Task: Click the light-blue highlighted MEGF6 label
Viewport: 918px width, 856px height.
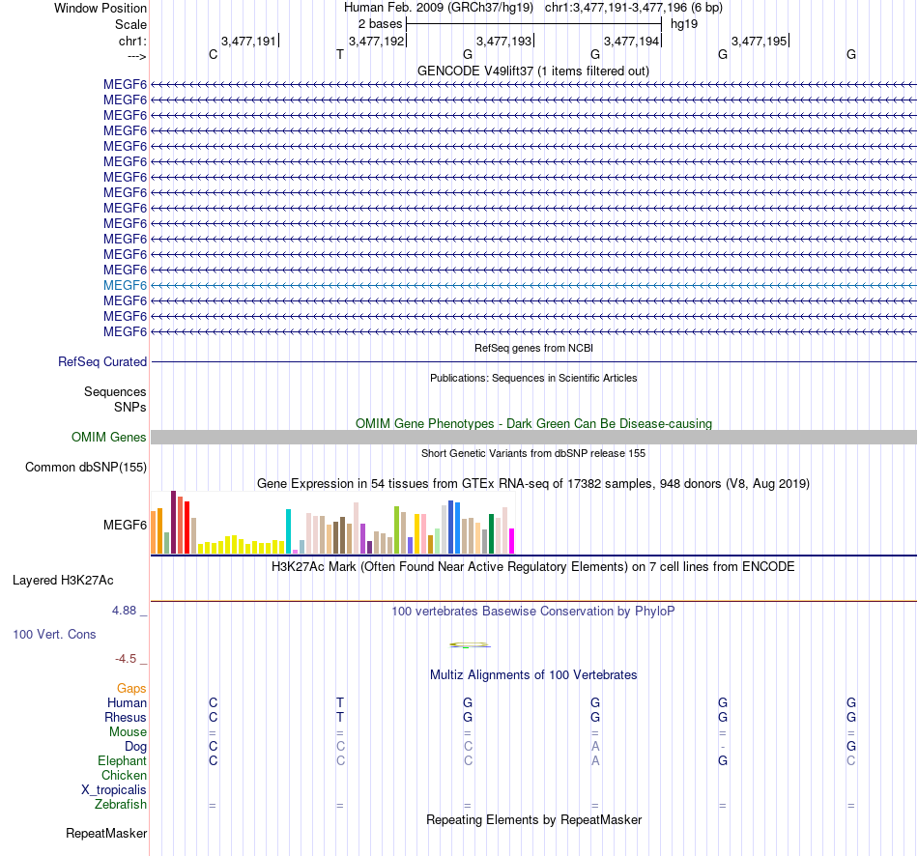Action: [125, 285]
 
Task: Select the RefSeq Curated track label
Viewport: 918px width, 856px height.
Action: [102, 362]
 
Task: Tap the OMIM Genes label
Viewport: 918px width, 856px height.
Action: [109, 438]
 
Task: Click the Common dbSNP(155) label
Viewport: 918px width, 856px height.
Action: [85, 468]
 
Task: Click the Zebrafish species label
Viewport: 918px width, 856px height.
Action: [121, 805]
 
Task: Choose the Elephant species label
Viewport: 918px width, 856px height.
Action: [123, 761]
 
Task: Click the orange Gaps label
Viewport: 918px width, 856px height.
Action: [131, 689]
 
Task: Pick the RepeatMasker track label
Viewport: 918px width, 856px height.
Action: [106, 833]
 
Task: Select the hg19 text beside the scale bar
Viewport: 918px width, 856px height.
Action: [684, 22]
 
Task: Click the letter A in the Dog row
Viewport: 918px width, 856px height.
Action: [595, 747]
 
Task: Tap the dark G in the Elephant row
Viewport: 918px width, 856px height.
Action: [723, 761]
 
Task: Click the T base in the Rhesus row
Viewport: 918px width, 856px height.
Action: [340, 718]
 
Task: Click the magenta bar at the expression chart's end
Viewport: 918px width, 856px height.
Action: [512, 541]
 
